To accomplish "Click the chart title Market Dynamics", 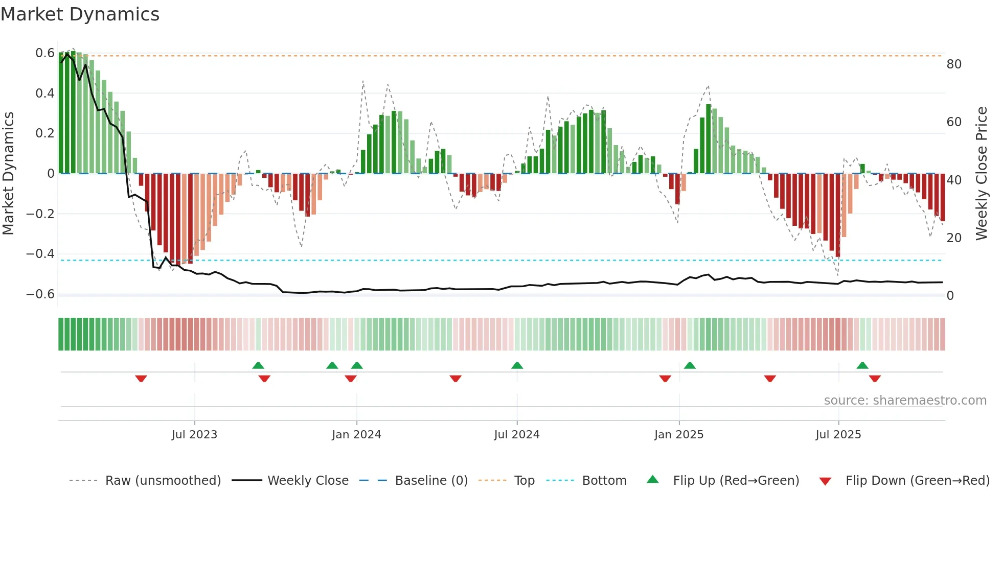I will tap(80, 14).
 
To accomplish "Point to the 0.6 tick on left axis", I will tap(45, 53).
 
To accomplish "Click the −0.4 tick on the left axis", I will tap(40, 254).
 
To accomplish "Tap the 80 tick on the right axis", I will tap(954, 64).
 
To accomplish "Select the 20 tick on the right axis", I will tap(954, 238).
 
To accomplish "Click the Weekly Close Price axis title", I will tap(982, 174).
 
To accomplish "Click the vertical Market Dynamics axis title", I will tap(8, 174).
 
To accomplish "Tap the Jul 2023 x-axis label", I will tap(194, 435).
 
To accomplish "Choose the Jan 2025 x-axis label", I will tap(679, 435).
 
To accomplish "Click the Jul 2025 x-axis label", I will tap(838, 435).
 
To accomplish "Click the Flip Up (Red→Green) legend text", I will tap(736, 481).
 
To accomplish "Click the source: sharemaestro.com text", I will tap(905, 401).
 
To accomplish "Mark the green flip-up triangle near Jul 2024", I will tap(517, 365).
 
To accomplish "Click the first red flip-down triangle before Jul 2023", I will tap(141, 379).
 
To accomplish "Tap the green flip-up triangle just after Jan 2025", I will tap(690, 365).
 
